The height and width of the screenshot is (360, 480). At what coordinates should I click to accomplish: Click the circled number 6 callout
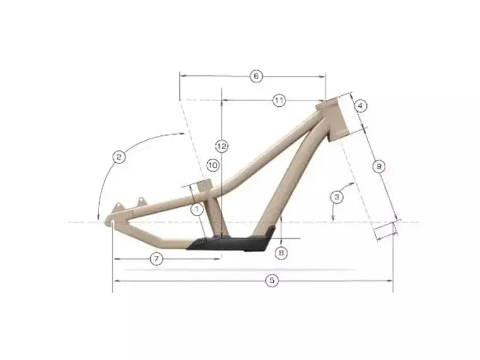256,76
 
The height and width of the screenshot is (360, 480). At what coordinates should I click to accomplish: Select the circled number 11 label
279,100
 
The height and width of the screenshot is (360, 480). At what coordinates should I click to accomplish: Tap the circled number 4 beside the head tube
361,105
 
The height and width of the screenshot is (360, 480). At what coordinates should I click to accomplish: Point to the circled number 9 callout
378,166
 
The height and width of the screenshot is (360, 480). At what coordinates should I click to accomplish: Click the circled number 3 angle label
338,197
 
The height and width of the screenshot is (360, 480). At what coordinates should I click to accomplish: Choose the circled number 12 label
221,146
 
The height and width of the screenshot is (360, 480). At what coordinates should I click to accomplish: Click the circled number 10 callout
212,165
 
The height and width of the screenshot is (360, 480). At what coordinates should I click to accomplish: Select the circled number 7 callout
157,258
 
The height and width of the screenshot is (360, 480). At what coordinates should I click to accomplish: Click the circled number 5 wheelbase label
272,281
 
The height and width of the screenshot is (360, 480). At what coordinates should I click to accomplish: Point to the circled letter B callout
282,253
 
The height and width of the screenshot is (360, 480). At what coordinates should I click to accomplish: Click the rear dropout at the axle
112,222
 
